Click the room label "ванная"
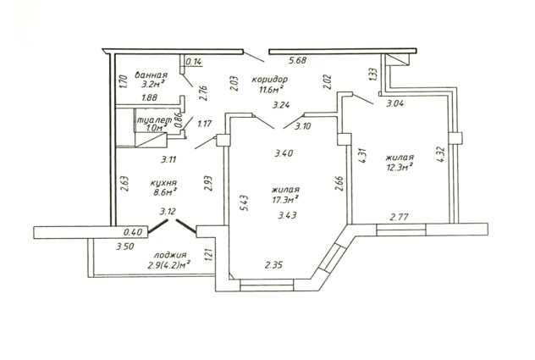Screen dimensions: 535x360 click(x=152, y=75)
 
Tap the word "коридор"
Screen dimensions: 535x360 click(x=269, y=80)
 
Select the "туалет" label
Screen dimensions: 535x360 click(x=154, y=120)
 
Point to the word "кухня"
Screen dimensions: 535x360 click(x=163, y=183)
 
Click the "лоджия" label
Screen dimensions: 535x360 click(x=170, y=255)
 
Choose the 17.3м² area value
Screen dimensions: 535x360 click(x=285, y=199)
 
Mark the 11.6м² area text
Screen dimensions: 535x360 click(x=271, y=90)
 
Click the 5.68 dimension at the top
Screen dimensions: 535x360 click(x=297, y=61)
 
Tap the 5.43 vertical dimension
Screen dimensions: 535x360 click(x=245, y=203)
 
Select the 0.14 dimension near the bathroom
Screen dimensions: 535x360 click(x=194, y=62)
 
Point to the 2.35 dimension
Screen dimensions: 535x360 click(x=274, y=264)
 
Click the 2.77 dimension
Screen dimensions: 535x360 click(x=400, y=217)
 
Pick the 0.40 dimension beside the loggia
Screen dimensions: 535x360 click(x=133, y=232)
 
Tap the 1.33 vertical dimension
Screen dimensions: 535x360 click(x=373, y=75)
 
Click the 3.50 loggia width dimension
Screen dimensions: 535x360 click(x=125, y=246)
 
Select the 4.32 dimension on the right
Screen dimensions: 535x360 click(x=441, y=154)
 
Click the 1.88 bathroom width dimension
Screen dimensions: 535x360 click(x=149, y=97)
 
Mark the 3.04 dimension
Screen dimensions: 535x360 click(x=395, y=103)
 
